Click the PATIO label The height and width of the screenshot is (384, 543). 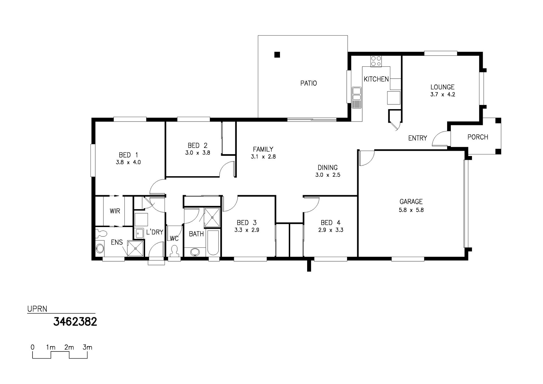(309, 83)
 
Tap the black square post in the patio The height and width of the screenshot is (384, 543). (277, 55)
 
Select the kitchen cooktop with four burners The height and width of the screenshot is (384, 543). (376, 61)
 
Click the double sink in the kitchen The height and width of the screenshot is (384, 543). (356, 94)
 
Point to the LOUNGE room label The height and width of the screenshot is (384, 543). (442, 87)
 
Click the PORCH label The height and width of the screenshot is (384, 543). (478, 137)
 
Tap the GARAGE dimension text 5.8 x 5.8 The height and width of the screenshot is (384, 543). (411, 210)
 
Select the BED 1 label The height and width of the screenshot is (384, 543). (128, 155)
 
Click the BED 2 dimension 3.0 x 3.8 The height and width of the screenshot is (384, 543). (198, 153)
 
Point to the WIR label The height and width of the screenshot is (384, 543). (115, 211)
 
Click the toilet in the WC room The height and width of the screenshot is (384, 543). (174, 251)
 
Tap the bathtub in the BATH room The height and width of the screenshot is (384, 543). (213, 243)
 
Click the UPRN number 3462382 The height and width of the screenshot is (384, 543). (75, 322)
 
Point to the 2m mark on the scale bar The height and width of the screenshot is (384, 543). (69, 347)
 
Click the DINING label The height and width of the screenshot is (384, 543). (327, 167)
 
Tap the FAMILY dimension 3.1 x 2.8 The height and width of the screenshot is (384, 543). (263, 157)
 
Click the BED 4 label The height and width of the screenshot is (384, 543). (331, 223)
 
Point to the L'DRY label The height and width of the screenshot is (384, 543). (155, 232)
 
